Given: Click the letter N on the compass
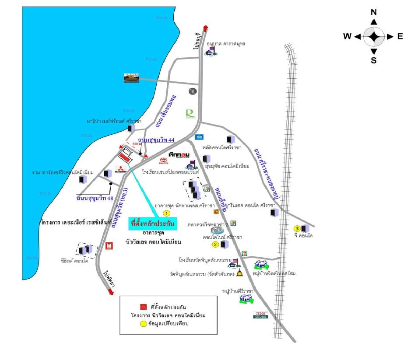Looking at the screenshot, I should [x=374, y=12].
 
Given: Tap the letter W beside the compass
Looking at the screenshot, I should [x=347, y=37].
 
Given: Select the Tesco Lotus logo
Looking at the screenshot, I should [x=260, y=315].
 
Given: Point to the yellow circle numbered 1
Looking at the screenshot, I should [x=166, y=213].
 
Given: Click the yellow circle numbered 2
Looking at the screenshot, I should [x=215, y=244].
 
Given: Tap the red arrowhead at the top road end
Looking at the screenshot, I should [x=205, y=27].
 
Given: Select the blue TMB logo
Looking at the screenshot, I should [x=199, y=137].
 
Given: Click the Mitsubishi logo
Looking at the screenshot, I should [x=120, y=171].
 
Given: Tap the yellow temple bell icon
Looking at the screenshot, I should [x=239, y=274].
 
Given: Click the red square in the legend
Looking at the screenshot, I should [x=143, y=306].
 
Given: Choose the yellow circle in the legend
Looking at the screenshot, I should [x=143, y=324].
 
